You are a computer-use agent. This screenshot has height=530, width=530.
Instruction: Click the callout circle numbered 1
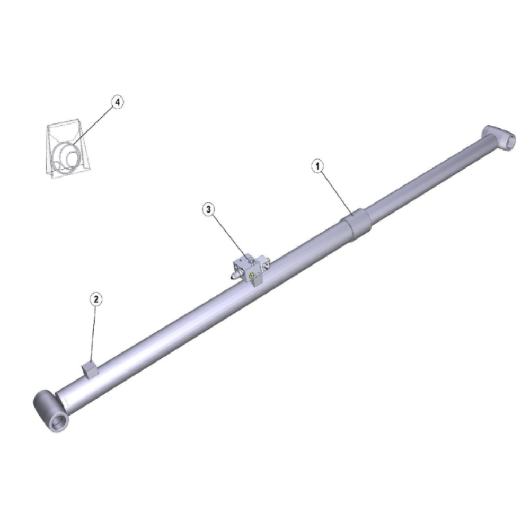[317, 166]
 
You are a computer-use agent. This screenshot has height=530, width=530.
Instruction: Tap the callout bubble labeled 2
[96, 299]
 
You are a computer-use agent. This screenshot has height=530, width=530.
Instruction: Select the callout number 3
[208, 209]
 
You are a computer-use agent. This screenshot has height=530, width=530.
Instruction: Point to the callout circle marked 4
[117, 102]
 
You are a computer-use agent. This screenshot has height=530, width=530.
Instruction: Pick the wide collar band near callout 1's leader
[356, 225]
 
